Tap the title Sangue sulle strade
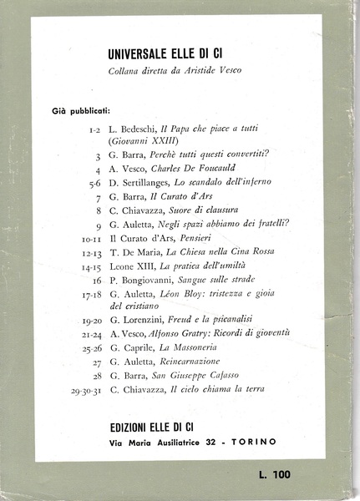[218, 279]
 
